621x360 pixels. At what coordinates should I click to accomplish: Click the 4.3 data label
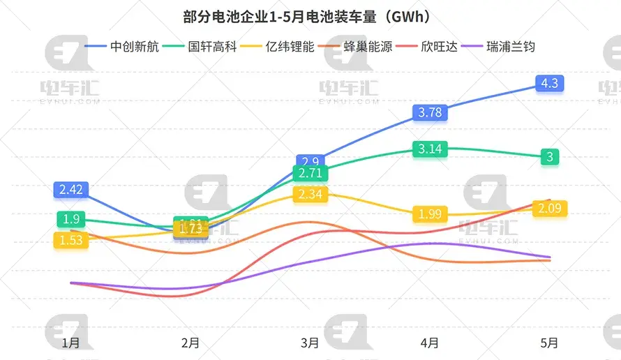click(x=550, y=83)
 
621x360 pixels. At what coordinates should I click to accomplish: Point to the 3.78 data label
click(x=430, y=112)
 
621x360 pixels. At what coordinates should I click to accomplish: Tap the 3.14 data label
click(x=430, y=149)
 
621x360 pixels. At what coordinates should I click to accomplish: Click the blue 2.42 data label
click(x=70, y=189)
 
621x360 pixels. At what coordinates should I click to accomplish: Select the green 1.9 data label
click(x=70, y=219)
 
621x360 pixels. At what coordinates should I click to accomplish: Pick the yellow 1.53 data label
click(x=70, y=240)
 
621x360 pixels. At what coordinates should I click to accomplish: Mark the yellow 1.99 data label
click(x=430, y=213)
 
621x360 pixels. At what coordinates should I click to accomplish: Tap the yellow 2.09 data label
click(x=550, y=208)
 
